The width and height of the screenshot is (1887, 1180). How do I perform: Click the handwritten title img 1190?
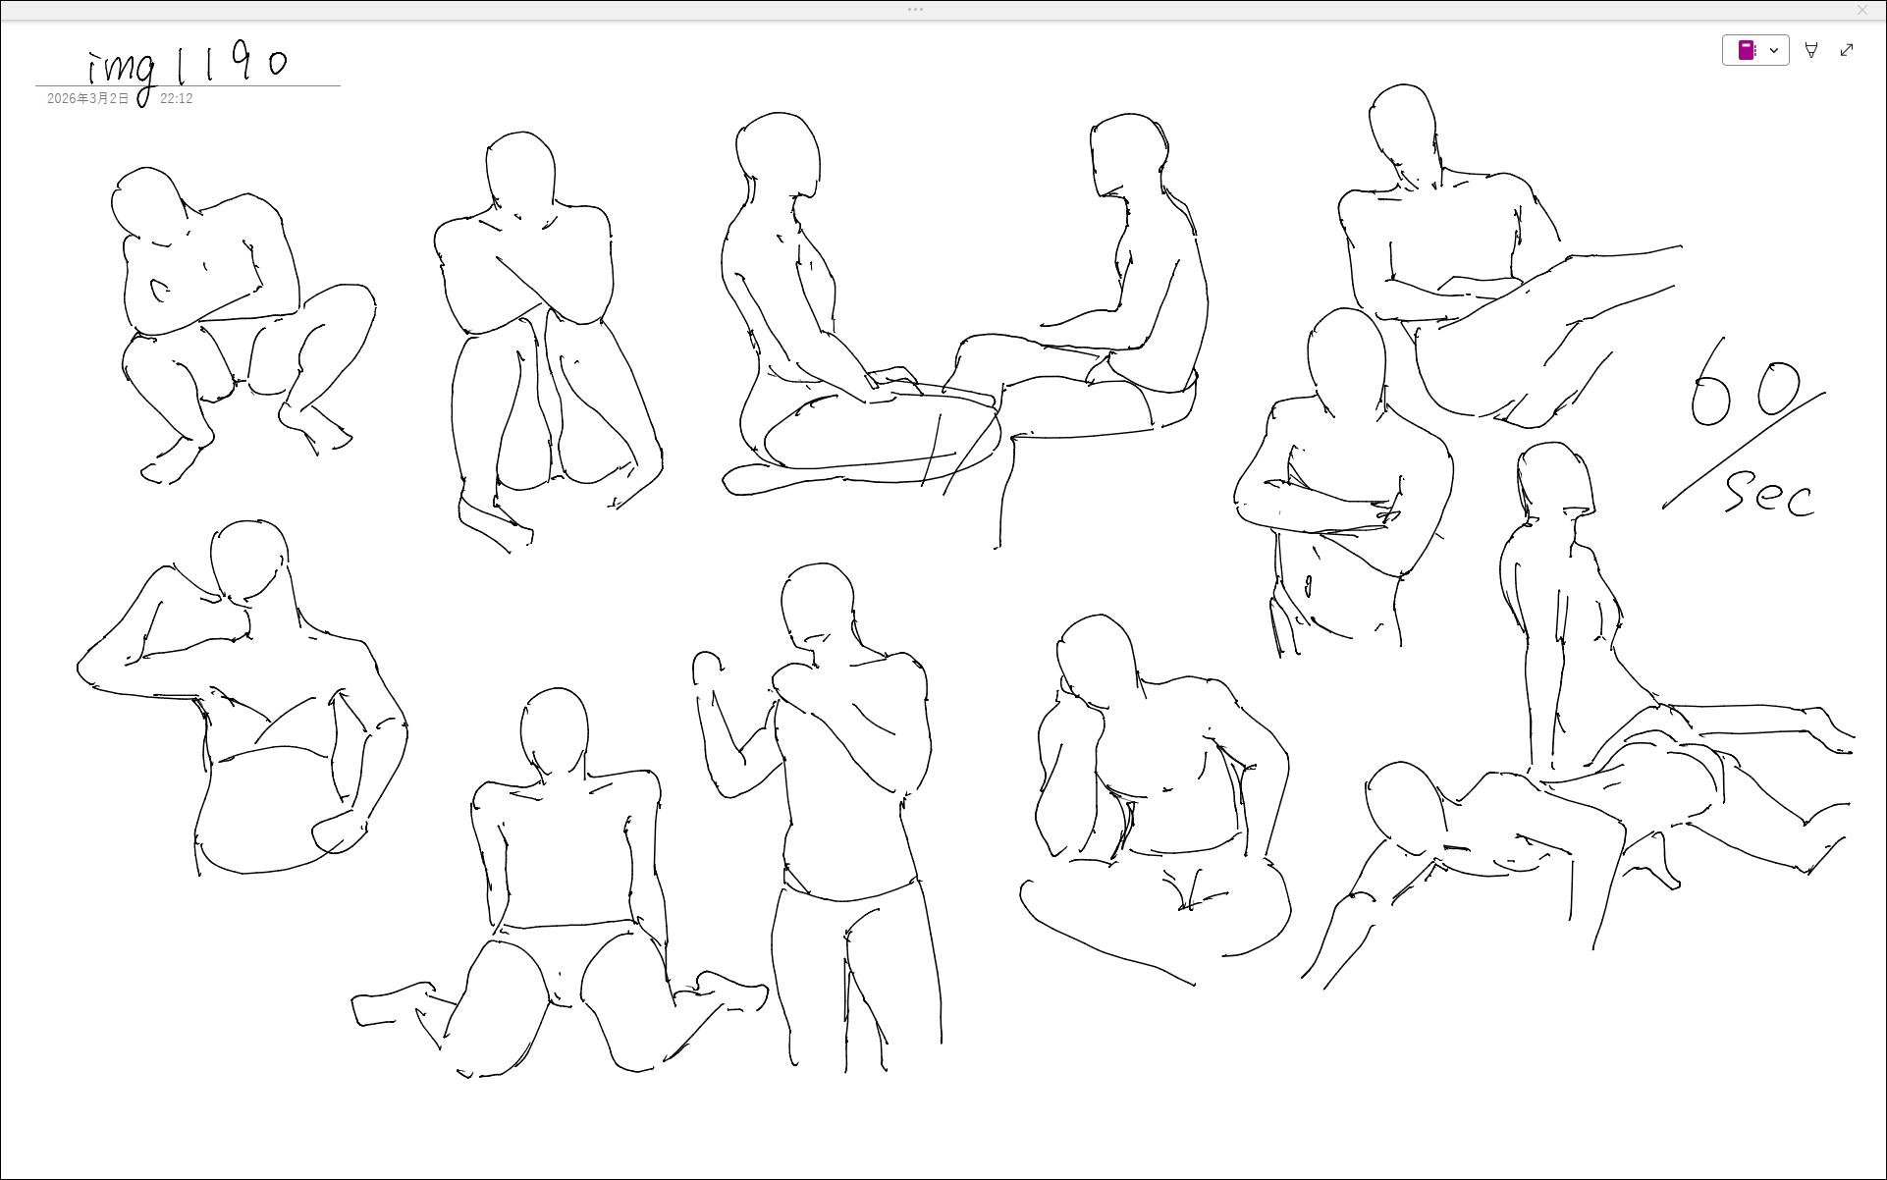pos(187,69)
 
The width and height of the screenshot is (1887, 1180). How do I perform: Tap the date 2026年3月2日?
pos(87,99)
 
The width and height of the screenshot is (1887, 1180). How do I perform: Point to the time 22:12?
pos(176,99)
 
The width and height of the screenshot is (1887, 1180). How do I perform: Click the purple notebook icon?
pos(1747,50)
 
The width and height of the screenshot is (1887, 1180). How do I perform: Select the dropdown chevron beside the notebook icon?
pos(1774,50)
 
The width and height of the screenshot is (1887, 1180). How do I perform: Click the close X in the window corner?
pos(1862,10)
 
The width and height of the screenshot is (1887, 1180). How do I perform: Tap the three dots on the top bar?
pos(915,10)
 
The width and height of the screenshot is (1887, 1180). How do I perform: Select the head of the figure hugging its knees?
pos(520,174)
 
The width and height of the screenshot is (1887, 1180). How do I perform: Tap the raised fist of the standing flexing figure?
pos(707,669)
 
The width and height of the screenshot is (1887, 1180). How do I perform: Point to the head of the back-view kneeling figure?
pos(555,731)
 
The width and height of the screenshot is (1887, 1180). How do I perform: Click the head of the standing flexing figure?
pos(818,604)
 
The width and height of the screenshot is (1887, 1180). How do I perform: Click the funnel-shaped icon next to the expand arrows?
pos(1811,50)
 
